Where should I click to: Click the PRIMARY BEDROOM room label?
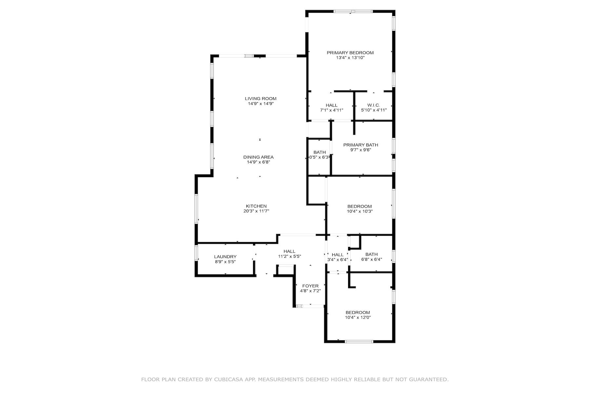coord(350,52)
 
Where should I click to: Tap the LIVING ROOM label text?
coord(261,98)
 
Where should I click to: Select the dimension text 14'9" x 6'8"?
coord(258,162)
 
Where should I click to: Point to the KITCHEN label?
coord(256,206)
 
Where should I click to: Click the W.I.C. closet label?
coord(374,105)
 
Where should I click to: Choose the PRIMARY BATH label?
coord(361,145)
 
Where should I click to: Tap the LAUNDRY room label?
coord(225,256)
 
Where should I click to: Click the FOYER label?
coord(310,286)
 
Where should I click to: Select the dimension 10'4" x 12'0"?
coord(358,317)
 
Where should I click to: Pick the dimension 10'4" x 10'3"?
coord(360,211)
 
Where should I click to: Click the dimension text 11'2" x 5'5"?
coord(289,256)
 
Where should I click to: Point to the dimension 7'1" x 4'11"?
coord(332,110)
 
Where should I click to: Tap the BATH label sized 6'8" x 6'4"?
coord(371,254)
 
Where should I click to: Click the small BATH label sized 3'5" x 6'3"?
coord(320,152)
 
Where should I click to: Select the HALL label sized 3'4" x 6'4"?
coord(338,254)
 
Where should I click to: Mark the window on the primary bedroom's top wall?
coord(353,11)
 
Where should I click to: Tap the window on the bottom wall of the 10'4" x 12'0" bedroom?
coord(359,342)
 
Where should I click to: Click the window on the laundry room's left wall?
coord(196,253)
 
